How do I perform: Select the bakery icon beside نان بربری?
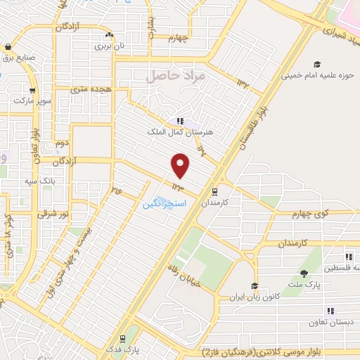click(x=109, y=35)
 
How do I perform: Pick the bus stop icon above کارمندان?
click(x=214, y=190)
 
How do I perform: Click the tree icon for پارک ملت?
click(x=304, y=274)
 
